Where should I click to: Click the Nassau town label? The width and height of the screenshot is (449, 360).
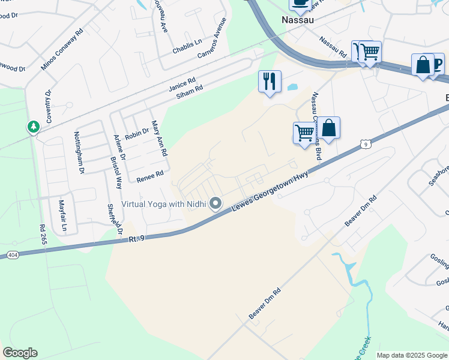tap(299, 20)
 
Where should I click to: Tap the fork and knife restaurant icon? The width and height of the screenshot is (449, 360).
tap(270, 80)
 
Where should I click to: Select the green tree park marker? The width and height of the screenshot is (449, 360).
tap(34, 127)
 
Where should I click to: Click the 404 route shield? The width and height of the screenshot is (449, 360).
tap(13, 255)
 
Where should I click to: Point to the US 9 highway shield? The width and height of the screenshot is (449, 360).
tap(365, 143)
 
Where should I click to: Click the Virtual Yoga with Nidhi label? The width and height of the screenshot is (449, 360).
tap(163, 205)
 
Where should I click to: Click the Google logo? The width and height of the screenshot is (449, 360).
tap(20, 353)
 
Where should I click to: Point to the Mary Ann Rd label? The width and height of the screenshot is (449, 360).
tap(159, 138)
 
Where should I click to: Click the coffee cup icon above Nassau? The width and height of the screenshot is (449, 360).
tap(300, 4)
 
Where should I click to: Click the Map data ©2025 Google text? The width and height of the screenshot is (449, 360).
tap(412, 355)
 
